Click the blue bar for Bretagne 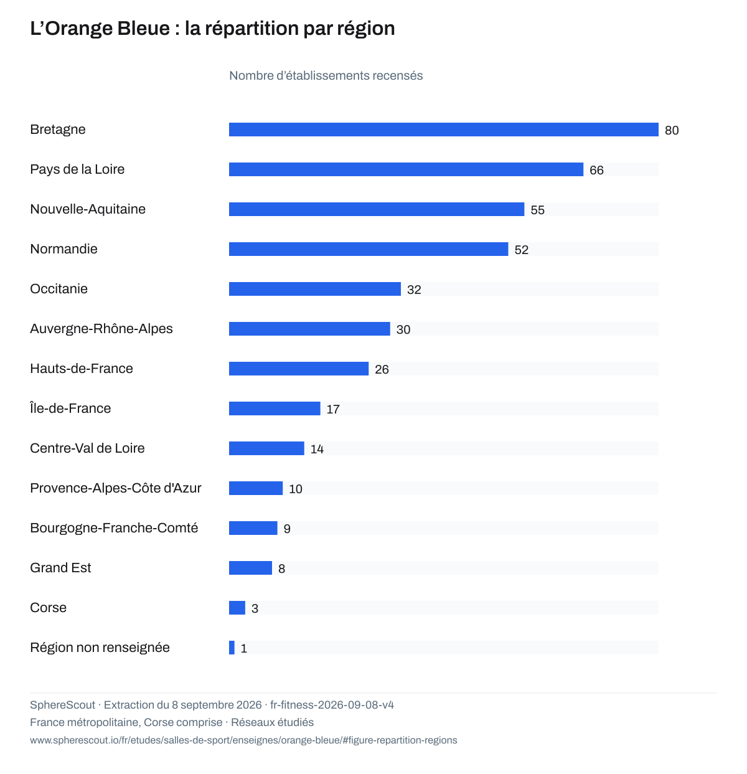pyautogui.click(x=443, y=130)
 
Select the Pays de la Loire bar pyautogui.click(x=406, y=169)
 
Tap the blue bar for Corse pyautogui.click(x=237, y=608)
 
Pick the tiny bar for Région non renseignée pyautogui.click(x=232, y=648)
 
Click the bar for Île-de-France pyautogui.click(x=275, y=408)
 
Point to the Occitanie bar pyautogui.click(x=315, y=289)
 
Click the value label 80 pyautogui.click(x=672, y=131)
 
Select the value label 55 pyautogui.click(x=537, y=210)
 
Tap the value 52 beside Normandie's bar pyautogui.click(x=521, y=250)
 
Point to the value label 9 pyautogui.click(x=286, y=529)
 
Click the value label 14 pyautogui.click(x=317, y=449)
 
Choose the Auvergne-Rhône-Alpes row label pyautogui.click(x=101, y=329)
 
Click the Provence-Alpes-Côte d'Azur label pyautogui.click(x=116, y=488)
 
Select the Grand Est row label pyautogui.click(x=60, y=567)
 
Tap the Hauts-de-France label pyautogui.click(x=82, y=368)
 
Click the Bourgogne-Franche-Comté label pyautogui.click(x=114, y=528)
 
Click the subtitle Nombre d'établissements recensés pyautogui.click(x=326, y=75)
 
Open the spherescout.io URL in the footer pyautogui.click(x=243, y=740)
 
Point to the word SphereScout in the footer pyautogui.click(x=62, y=705)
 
